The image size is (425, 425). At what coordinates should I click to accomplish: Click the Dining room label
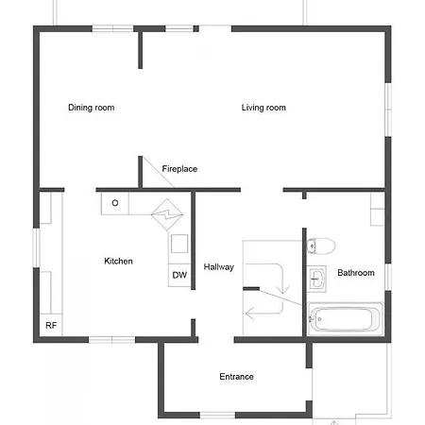point(92,108)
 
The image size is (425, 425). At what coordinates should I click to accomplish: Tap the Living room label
point(263,108)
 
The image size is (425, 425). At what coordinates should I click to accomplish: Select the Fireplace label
point(179,169)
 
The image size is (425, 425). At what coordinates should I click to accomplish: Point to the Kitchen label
point(118,261)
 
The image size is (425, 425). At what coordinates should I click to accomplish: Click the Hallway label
point(219,267)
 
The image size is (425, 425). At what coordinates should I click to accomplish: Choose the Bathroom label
point(356,273)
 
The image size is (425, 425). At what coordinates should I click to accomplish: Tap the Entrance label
point(236,377)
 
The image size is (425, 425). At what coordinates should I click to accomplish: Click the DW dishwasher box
point(179,275)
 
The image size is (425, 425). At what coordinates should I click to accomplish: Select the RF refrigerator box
point(51,325)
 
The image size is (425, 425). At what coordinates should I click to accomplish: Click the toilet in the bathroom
point(321,246)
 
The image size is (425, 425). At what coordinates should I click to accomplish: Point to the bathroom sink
point(316,279)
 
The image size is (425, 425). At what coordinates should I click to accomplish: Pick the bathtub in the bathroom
point(346,319)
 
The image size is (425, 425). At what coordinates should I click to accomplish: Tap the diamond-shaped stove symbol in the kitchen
point(167,214)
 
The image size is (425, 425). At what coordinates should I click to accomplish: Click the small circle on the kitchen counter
point(115,203)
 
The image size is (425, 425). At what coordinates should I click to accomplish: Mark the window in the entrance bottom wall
point(217,416)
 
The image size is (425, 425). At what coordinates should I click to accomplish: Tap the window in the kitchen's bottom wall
point(111,340)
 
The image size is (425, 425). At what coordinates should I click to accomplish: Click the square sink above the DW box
point(179,244)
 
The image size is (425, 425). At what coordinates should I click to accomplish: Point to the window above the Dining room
point(112,28)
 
